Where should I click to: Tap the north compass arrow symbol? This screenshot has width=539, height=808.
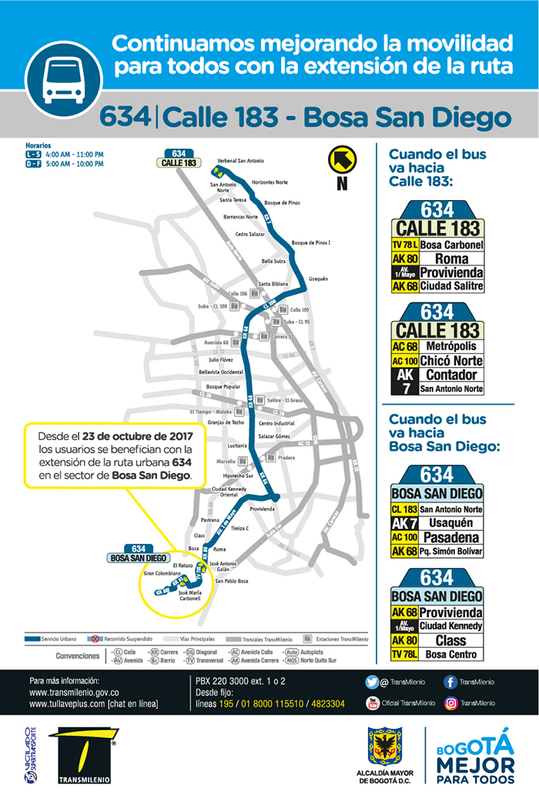(343, 161)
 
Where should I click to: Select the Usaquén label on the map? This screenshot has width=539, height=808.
(318, 279)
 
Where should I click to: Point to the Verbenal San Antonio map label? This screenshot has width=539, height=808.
(240, 161)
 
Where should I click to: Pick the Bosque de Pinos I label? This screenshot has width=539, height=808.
(311, 243)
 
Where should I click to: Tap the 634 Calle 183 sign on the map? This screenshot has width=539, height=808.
(179, 159)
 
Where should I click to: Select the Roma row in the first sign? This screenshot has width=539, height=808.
(437, 259)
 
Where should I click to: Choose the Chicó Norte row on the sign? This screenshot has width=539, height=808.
(437, 361)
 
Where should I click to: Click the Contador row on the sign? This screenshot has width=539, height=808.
(437, 375)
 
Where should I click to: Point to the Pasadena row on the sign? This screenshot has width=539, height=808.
(437, 537)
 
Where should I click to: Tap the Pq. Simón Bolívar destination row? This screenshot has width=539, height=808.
(437, 551)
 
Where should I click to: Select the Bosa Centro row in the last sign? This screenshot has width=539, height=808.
(437, 654)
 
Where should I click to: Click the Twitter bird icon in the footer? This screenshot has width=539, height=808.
(372, 682)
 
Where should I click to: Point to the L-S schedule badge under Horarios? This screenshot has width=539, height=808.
(32, 155)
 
